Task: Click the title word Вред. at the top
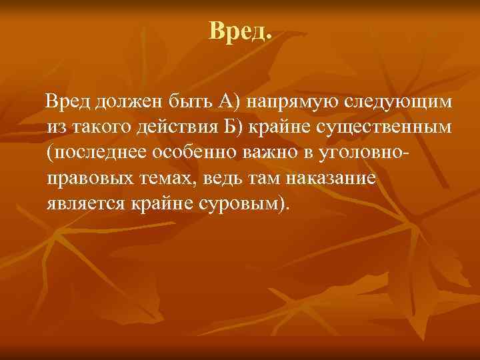coord(240,31)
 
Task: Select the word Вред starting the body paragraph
coord(67,101)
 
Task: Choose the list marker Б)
coord(237,126)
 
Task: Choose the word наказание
coord(333,177)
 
